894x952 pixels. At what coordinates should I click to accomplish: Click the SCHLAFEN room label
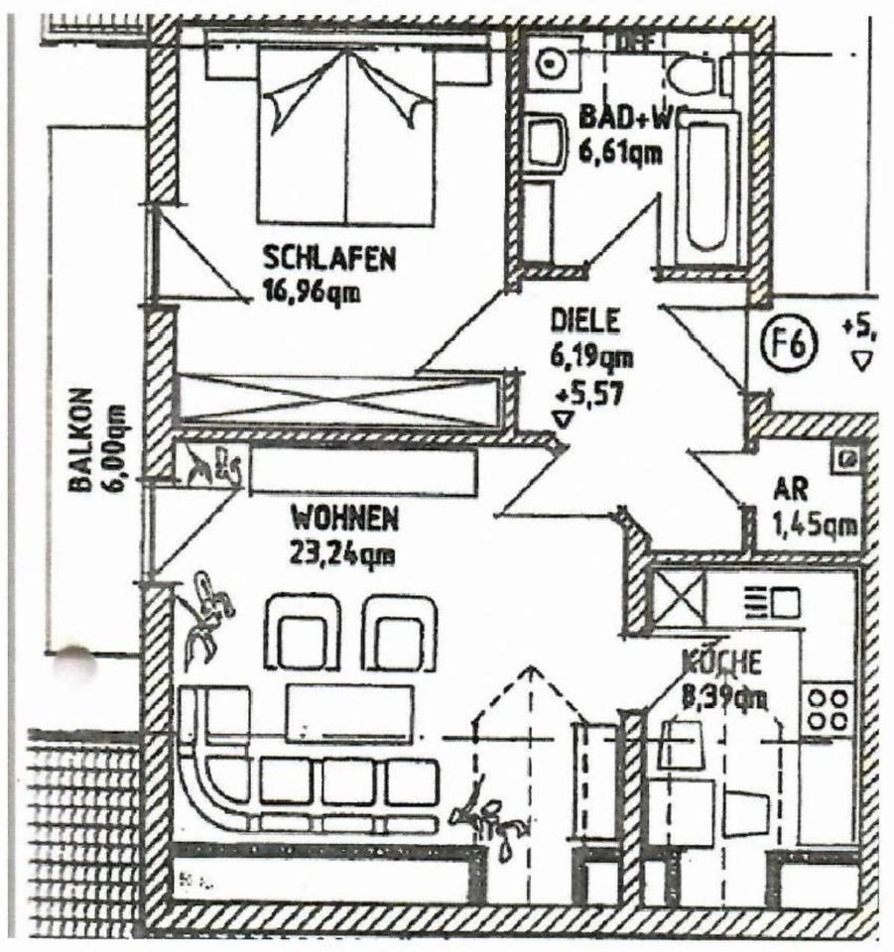point(329,259)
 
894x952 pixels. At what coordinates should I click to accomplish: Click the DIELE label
point(585,321)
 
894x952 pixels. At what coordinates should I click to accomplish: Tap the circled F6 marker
point(793,345)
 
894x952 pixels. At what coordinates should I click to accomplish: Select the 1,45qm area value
point(814,525)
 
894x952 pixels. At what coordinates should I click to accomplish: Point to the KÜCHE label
point(721,661)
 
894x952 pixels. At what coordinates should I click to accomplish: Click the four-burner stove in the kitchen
point(827,710)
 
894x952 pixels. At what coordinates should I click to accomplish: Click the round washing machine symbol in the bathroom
point(548,63)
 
